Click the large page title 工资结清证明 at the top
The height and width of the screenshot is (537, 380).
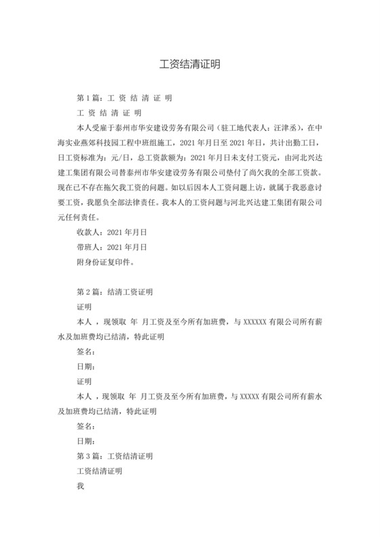[189, 65]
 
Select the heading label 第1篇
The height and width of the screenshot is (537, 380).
[90, 98]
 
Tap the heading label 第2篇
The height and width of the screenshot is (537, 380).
[90, 292]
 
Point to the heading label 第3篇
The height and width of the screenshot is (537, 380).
[90, 456]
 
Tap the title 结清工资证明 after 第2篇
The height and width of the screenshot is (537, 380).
[130, 292]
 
